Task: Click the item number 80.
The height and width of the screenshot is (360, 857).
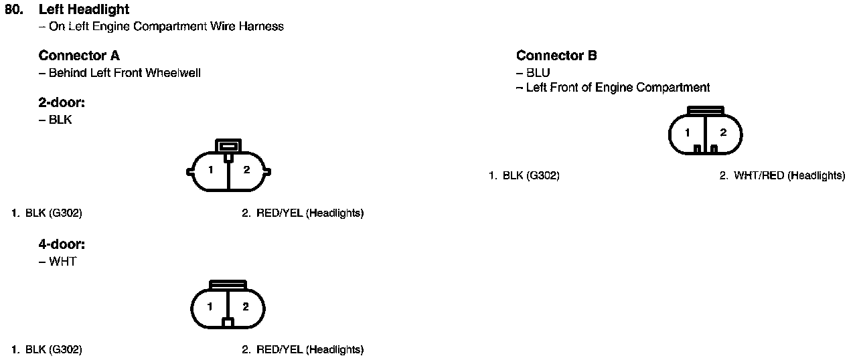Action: pyautogui.click(x=14, y=10)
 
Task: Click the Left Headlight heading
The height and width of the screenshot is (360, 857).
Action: pyautogui.click(x=84, y=10)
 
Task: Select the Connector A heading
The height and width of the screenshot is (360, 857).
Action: pyautogui.click(x=79, y=56)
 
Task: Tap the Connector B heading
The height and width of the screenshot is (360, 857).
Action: pyautogui.click(x=556, y=56)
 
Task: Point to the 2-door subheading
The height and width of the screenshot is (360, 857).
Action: pyautogui.click(x=62, y=103)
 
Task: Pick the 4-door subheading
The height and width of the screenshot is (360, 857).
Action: pyautogui.click(x=62, y=245)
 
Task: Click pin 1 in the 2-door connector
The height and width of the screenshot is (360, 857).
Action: pyautogui.click(x=210, y=171)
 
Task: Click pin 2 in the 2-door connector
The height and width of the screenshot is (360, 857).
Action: pyautogui.click(x=246, y=171)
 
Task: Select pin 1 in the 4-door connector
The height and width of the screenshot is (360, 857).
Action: pyautogui.click(x=210, y=307)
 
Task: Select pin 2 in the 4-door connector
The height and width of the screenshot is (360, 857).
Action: pyautogui.click(x=246, y=307)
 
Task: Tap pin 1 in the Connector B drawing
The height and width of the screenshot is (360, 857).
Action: pyautogui.click(x=688, y=133)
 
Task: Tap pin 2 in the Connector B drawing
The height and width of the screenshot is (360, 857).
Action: pyautogui.click(x=723, y=133)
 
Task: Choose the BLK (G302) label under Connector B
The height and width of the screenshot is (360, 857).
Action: pyautogui.click(x=531, y=176)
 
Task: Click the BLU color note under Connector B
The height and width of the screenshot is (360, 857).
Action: pyautogui.click(x=538, y=72)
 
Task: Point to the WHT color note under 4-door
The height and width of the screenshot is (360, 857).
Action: pyautogui.click(x=62, y=262)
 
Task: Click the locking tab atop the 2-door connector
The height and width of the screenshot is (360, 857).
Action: pyautogui.click(x=228, y=146)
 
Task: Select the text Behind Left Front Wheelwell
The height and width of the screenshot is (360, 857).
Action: pyautogui.click(x=125, y=73)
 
